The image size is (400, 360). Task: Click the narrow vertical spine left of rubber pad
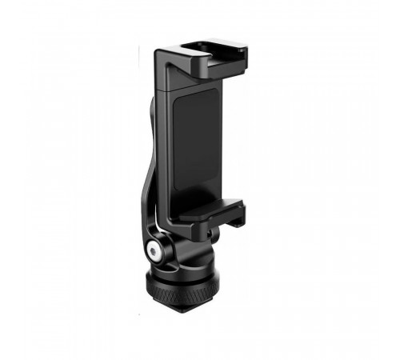click(170, 144)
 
